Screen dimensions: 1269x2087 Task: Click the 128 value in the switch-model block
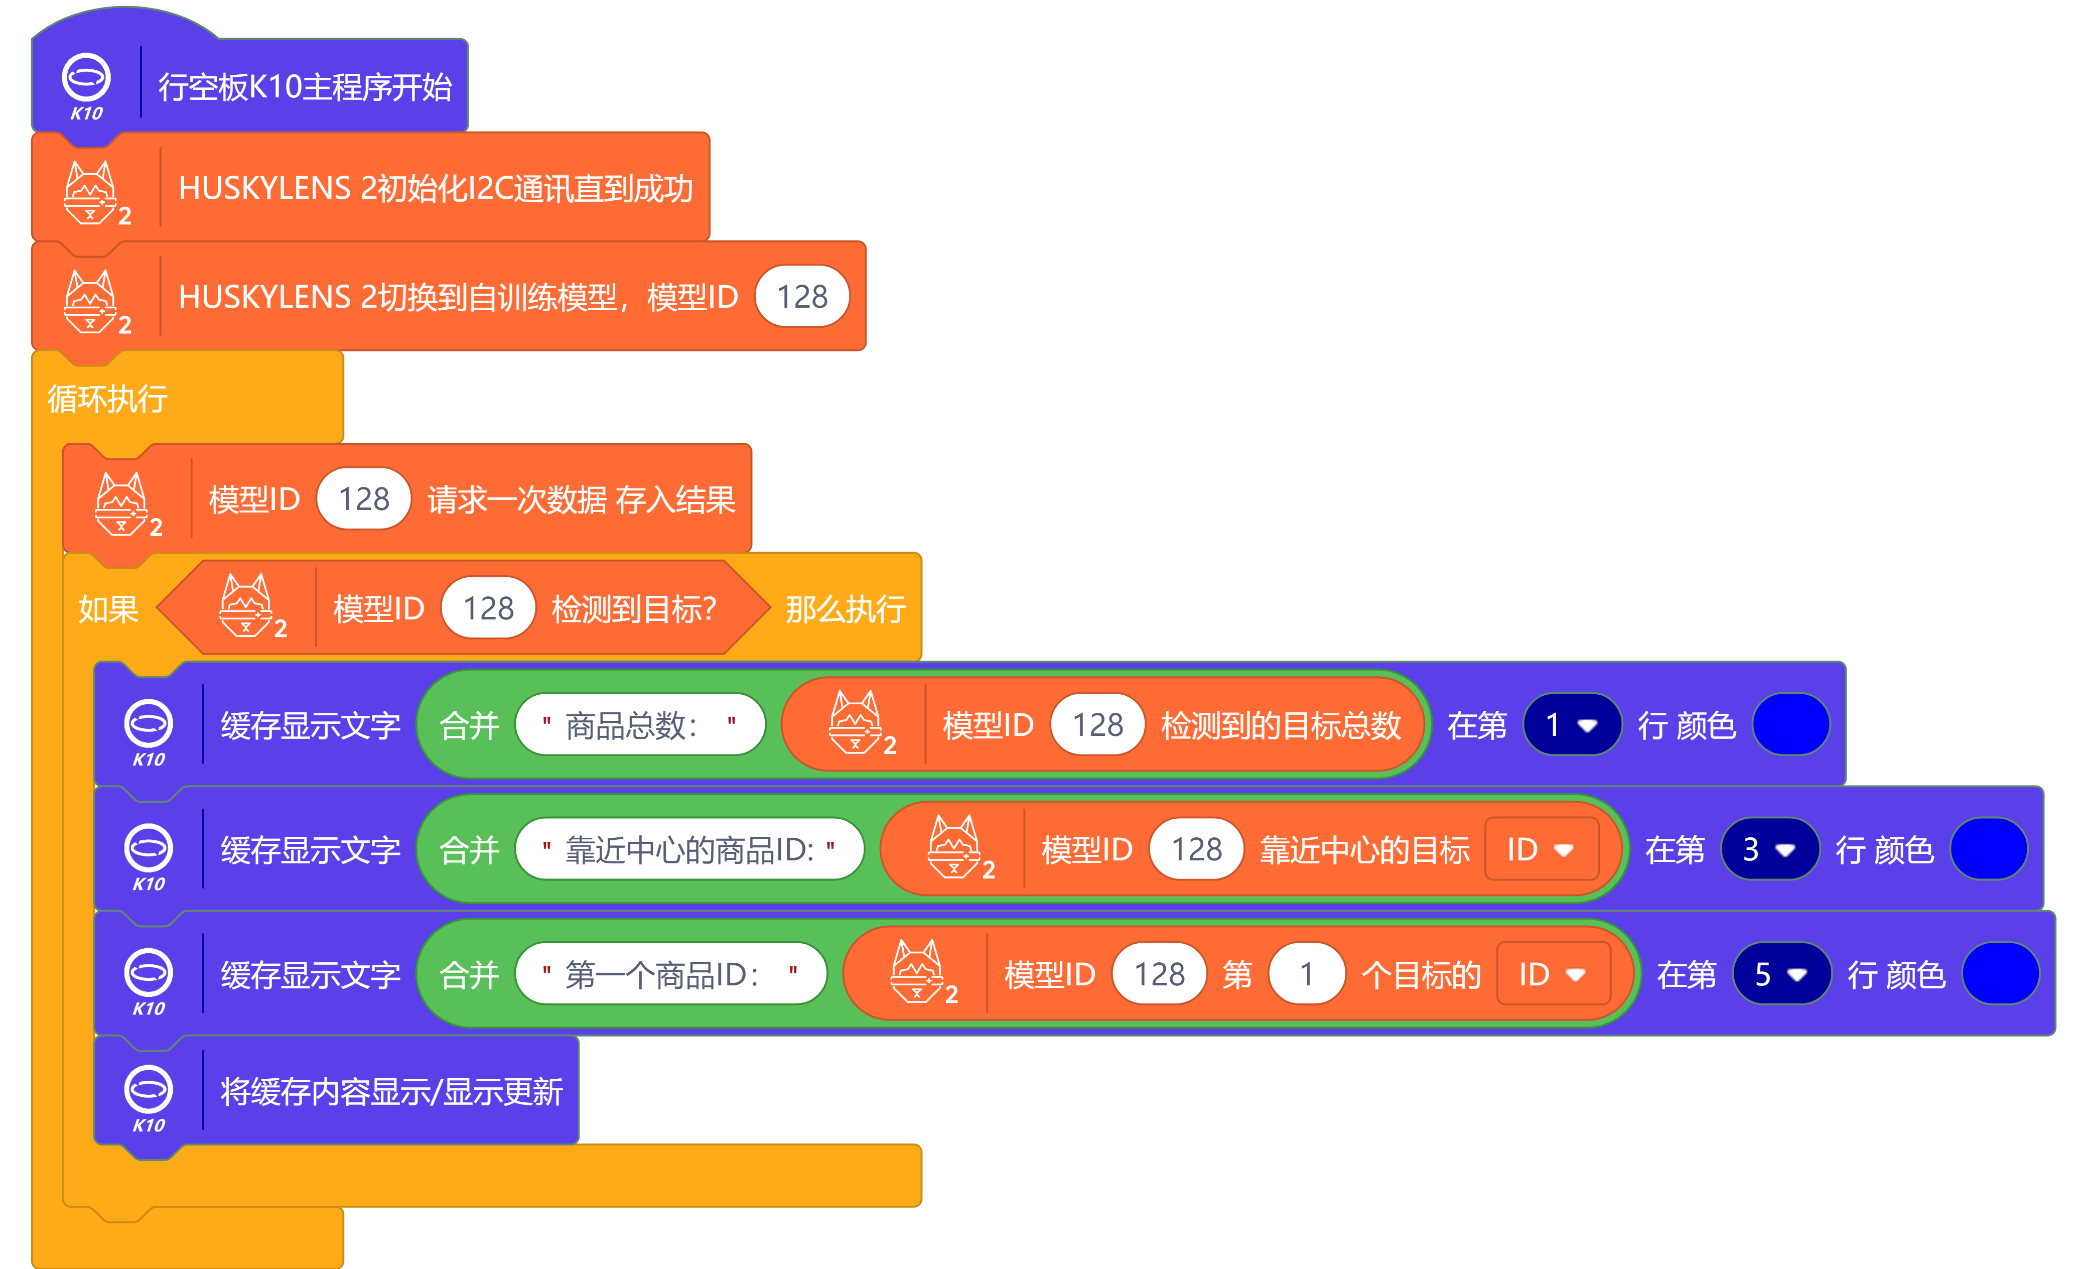coord(801,297)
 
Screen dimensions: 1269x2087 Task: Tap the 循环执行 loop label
coord(107,398)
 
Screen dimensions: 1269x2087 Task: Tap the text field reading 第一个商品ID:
coord(670,974)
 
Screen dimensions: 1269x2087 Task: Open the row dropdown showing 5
coord(1781,974)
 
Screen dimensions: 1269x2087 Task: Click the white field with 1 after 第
coord(1306,974)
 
